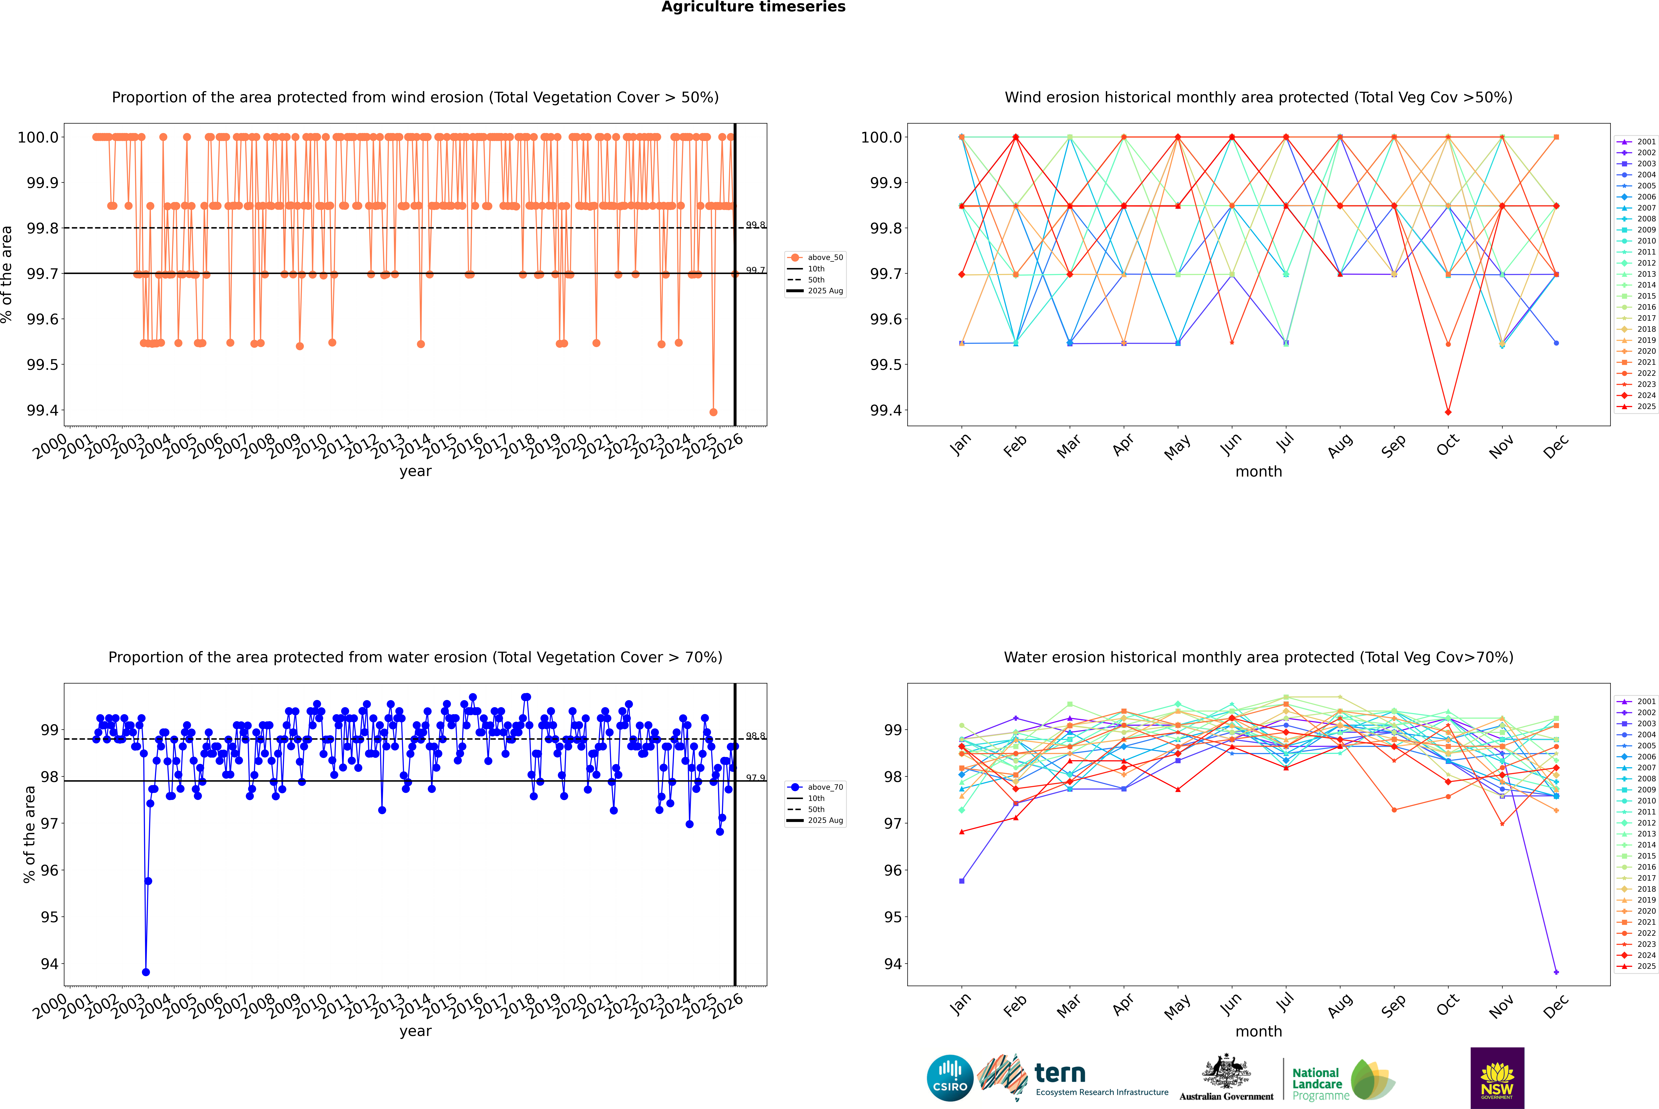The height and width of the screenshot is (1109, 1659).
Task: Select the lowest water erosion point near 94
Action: pyautogui.click(x=146, y=972)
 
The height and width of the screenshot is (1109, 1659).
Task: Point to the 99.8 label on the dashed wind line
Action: pyautogui.click(x=755, y=225)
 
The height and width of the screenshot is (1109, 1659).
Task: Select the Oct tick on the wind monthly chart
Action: pyautogui.click(x=1447, y=445)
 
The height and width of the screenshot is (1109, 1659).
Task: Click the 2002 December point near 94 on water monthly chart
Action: pyautogui.click(x=1556, y=972)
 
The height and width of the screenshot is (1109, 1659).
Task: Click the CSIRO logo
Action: pyautogui.click(x=950, y=1078)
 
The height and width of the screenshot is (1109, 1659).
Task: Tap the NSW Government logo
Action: pyautogui.click(x=1497, y=1078)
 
